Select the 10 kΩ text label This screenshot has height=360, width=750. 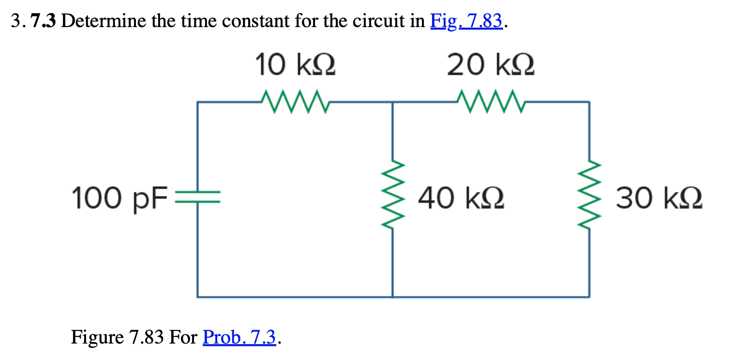295,66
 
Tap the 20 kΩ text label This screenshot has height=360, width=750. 490,66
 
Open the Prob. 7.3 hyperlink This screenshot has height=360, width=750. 240,337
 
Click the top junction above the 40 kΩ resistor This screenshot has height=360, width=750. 392,102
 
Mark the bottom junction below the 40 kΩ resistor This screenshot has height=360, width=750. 392,296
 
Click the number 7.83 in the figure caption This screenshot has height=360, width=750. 147,337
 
